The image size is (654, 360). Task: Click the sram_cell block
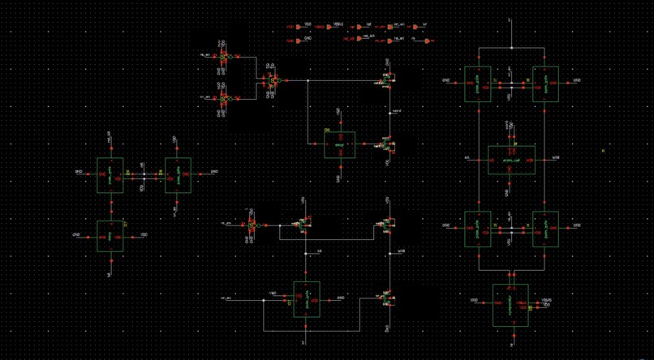pyautogui.click(x=511, y=160)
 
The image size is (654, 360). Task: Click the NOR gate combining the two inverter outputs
pyautogui.click(x=273, y=81)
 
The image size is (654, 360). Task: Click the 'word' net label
pyautogui.click(x=396, y=111)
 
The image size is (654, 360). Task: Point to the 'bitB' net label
pyautogui.click(x=400, y=251)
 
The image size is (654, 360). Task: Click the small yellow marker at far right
pyautogui.click(x=603, y=150)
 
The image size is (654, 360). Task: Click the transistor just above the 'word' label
pyautogui.click(x=389, y=81)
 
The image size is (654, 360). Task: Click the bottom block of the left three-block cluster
pyautogui.click(x=110, y=236)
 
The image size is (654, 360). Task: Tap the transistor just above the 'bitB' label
pyautogui.click(x=389, y=225)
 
